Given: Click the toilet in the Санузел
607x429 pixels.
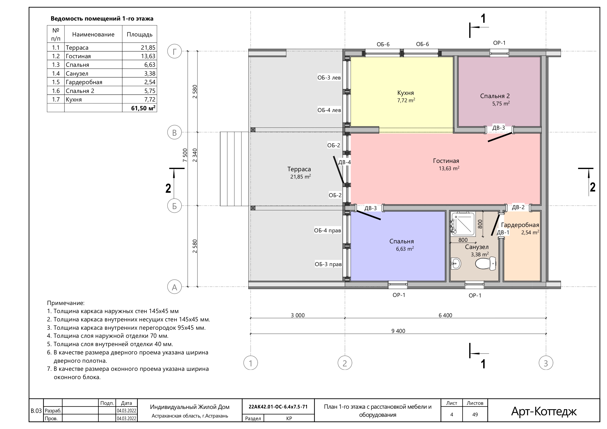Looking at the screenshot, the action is (485, 263).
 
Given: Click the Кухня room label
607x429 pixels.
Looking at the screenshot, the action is (405, 93).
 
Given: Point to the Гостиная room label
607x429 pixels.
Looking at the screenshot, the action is (446, 161).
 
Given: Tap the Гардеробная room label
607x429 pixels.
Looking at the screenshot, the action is (520, 225).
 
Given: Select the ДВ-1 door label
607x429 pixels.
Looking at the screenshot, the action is (503, 233).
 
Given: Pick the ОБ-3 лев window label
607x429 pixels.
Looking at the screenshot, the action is (329, 78).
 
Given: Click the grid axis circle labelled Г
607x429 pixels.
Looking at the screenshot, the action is (174, 51).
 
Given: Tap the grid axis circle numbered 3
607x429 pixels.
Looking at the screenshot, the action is (546, 363).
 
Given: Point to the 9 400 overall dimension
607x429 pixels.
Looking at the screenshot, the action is (398, 331).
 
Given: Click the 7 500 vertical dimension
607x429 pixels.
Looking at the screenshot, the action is (185, 155).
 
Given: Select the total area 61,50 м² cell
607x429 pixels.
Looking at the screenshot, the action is (143, 108).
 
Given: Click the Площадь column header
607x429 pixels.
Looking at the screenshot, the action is (140, 34).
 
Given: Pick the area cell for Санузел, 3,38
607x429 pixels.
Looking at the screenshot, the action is (150, 73).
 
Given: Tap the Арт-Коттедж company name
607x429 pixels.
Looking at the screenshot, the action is (544, 411).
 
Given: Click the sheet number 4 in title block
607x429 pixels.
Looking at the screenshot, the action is (452, 415).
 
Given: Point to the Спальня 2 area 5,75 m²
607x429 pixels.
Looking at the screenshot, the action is (501, 104).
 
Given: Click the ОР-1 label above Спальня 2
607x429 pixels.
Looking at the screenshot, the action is (499, 43).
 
